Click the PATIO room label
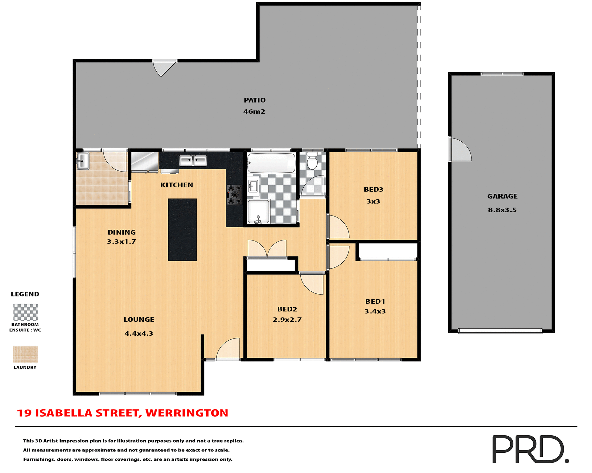(254, 100)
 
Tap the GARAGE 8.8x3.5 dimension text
(502, 210)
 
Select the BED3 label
(373, 189)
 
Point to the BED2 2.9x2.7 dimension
(287, 320)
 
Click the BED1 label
(375, 301)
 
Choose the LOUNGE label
(139, 320)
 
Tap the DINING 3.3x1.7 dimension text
(121, 242)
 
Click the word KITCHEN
(177, 185)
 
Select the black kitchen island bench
(182, 230)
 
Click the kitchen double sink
(193, 160)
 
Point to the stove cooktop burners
(235, 195)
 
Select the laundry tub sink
(83, 161)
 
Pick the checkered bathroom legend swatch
(25, 312)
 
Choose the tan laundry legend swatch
(25, 354)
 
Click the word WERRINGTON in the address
(187, 413)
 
